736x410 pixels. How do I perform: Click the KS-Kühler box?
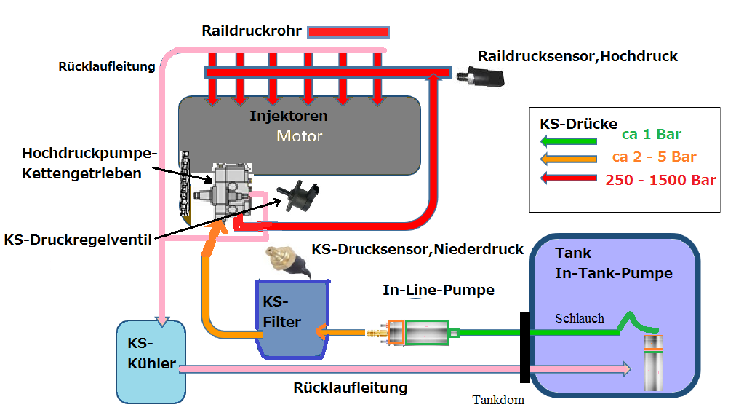click(x=151, y=361)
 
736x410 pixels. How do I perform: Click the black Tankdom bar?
click(x=524, y=347)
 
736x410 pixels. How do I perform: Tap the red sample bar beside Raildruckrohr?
click(x=348, y=32)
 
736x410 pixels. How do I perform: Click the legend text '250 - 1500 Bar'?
click(x=661, y=181)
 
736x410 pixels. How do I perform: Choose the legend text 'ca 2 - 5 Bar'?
click(x=654, y=157)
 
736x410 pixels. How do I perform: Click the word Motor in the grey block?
click(x=299, y=135)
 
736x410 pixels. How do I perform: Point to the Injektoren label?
click(x=289, y=116)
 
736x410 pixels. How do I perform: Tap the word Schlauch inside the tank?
click(x=579, y=318)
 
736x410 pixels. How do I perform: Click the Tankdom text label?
click(x=497, y=400)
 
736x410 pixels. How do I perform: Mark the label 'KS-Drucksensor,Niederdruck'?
click(x=417, y=250)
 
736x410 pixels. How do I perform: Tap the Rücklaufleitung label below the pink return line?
click(x=350, y=387)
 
